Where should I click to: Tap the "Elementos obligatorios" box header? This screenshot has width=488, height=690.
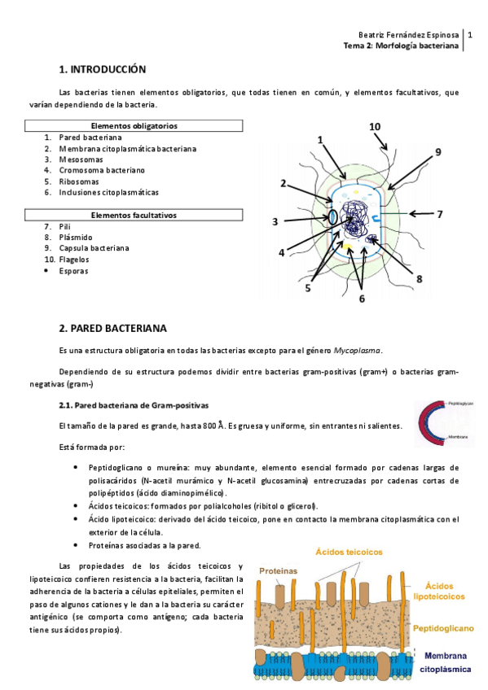pos(134,126)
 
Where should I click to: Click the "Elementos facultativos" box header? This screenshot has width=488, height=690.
pos(134,215)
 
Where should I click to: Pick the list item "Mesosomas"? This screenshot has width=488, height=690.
pos(80,159)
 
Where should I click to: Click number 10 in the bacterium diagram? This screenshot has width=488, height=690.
pos(375,127)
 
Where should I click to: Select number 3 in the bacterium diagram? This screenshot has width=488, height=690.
pos(275,221)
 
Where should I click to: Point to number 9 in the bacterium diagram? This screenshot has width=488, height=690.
pos(437,152)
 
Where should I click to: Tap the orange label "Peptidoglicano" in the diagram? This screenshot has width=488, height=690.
pos(444,628)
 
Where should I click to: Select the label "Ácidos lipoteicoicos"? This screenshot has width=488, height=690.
pos(445,590)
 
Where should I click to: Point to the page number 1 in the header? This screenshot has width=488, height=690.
pos(469,36)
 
